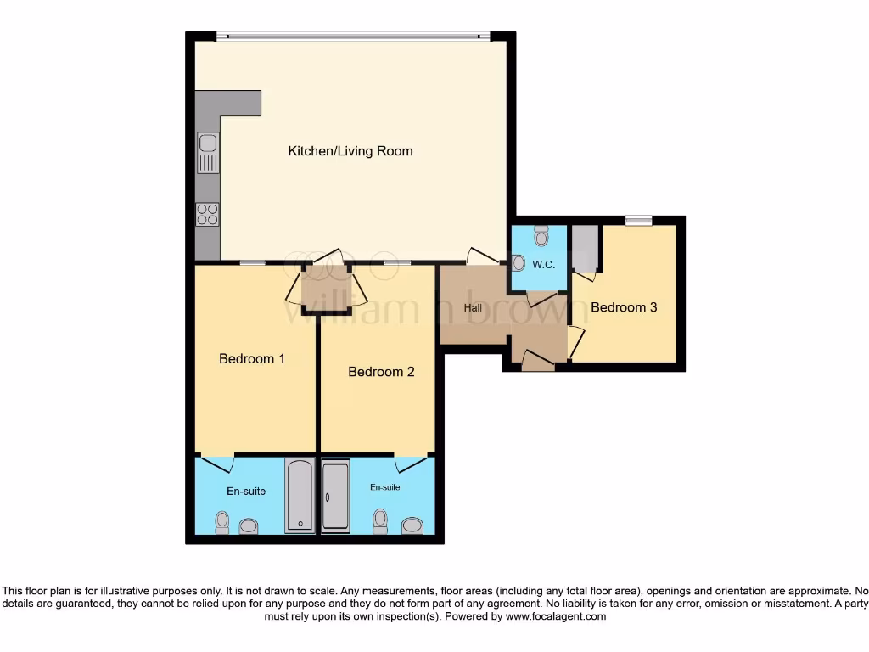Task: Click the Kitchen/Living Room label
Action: (350, 151)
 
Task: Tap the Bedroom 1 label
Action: (251, 358)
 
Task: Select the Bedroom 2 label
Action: (381, 372)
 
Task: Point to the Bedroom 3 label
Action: (624, 307)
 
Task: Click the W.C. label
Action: (543, 264)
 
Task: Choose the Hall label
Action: (473, 307)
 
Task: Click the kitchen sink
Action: (207, 154)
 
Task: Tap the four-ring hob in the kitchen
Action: (207, 215)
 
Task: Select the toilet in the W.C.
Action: (541, 233)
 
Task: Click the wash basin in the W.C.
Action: (519, 264)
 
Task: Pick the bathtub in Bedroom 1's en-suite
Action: (300, 496)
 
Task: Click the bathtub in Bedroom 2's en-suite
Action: (335, 496)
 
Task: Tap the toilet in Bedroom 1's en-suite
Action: (222, 522)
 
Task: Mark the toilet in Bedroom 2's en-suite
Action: (381, 521)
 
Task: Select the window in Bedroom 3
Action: (639, 221)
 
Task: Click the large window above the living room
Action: (352, 37)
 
